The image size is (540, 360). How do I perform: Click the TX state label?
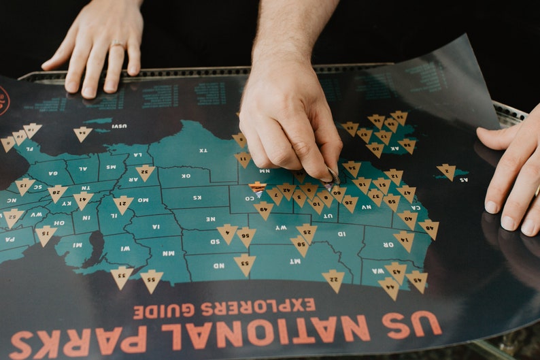coord(203,150)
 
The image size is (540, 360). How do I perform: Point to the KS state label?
coord(198,197)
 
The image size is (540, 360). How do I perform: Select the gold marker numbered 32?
coord(145,172)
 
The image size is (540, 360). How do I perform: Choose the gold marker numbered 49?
coord(264,209)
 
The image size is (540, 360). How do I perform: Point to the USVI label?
coord(119,126)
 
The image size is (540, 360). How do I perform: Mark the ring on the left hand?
coord(118,46)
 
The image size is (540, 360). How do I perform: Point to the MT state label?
coord(294,261)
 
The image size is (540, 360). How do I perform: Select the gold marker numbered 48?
coord(429,228)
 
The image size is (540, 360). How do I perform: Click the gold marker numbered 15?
coord(24,186)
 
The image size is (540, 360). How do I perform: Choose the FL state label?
coord(28,147)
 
